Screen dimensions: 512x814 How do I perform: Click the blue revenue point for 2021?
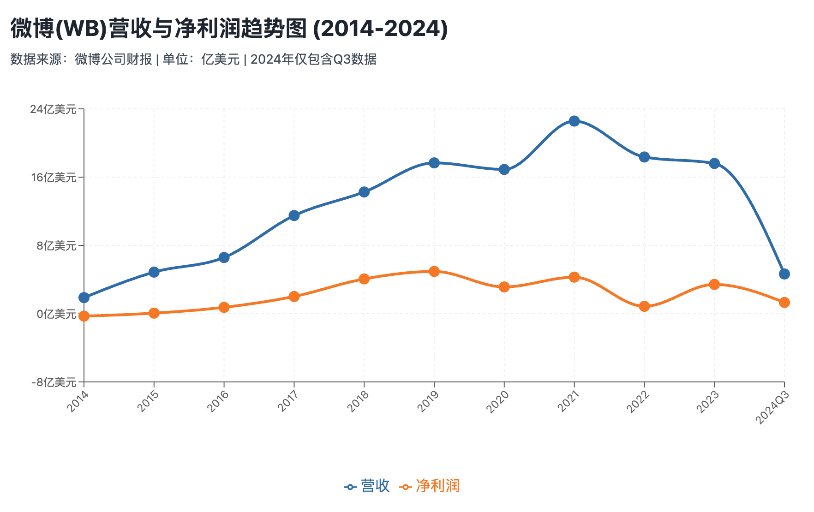[x=574, y=121]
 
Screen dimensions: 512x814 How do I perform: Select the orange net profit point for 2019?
[x=434, y=271]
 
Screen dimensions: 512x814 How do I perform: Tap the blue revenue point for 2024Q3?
[x=784, y=274]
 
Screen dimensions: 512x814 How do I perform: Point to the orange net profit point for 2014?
[x=84, y=316]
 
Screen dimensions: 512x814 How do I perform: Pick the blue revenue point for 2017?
[x=294, y=215]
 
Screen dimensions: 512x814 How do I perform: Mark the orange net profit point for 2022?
[x=644, y=306]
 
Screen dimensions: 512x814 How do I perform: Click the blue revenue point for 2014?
[x=84, y=298]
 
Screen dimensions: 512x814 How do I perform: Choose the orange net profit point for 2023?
[x=714, y=284]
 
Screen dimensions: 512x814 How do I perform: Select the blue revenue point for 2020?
[x=504, y=169]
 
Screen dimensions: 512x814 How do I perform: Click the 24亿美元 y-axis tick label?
[x=53, y=109]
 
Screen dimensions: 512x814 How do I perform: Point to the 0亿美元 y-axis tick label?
[x=56, y=314]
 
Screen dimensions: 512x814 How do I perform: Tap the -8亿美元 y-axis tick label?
[x=54, y=382]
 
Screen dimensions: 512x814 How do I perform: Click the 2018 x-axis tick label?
[x=358, y=401]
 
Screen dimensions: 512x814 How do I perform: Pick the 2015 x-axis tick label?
[x=148, y=401]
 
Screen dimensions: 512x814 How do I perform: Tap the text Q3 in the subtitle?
[x=341, y=59]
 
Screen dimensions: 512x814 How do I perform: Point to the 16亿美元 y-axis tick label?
[x=53, y=178]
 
